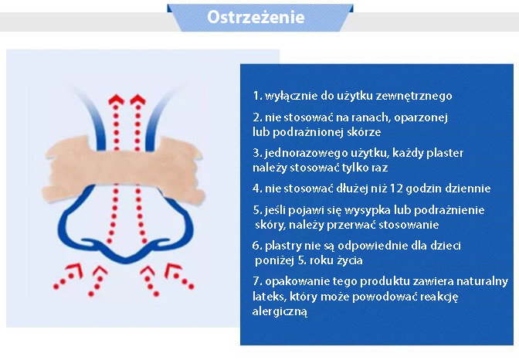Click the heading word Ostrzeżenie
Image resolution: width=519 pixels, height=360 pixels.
[x=256, y=17]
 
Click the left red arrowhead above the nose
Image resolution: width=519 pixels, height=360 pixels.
[x=116, y=100]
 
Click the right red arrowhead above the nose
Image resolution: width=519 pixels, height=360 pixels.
[x=137, y=100]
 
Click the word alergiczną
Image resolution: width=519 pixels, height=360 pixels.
[x=280, y=311]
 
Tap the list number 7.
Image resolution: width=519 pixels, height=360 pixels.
[x=257, y=281]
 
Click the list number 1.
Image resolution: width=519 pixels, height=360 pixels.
[x=257, y=96]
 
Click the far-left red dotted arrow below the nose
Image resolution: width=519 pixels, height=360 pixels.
[x=69, y=276]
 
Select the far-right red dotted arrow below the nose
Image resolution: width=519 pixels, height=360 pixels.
[x=178, y=276]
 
